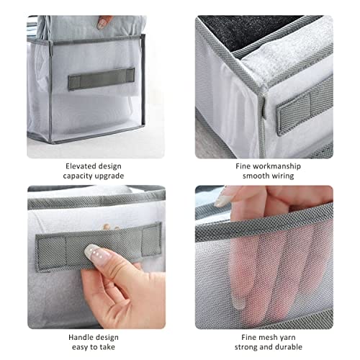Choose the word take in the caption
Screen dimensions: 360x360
tap(107, 347)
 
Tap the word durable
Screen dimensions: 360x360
tap(289, 347)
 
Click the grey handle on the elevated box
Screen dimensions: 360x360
tap(101, 78)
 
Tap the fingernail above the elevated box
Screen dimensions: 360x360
tap(102, 23)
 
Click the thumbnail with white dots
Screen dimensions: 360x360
tap(98, 255)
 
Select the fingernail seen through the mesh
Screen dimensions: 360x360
tap(238, 303)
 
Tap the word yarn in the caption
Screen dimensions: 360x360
tap(287, 338)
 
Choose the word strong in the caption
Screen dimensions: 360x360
tap(246, 347)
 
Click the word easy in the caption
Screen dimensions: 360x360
tap(79, 347)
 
